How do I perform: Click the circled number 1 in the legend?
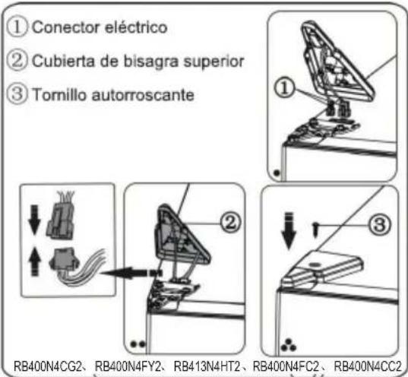[16, 28]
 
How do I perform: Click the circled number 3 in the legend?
[16, 97]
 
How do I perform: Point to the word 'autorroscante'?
[131, 97]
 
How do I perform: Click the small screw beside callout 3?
[315, 227]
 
